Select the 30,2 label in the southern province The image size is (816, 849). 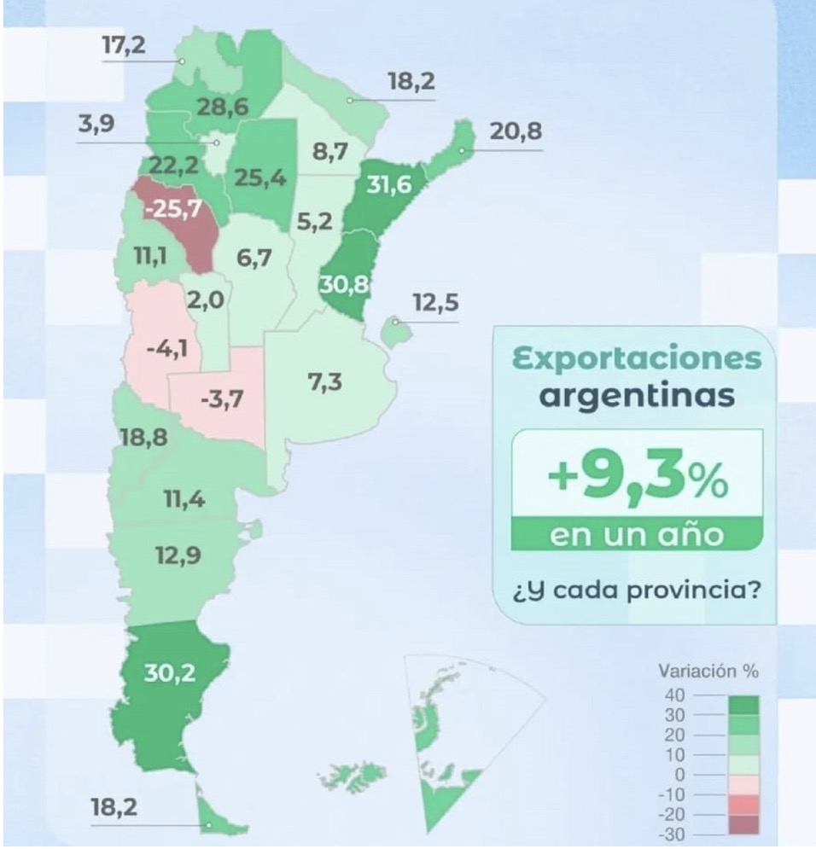(169, 672)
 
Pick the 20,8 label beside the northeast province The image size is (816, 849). (516, 132)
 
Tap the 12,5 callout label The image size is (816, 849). (434, 303)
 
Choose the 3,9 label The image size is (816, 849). (96, 125)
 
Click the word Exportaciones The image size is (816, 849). (635, 358)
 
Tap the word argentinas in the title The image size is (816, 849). (635, 397)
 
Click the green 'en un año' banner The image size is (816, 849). (635, 536)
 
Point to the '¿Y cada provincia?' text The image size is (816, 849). (635, 590)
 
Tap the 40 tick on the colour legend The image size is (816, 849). (674, 695)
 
